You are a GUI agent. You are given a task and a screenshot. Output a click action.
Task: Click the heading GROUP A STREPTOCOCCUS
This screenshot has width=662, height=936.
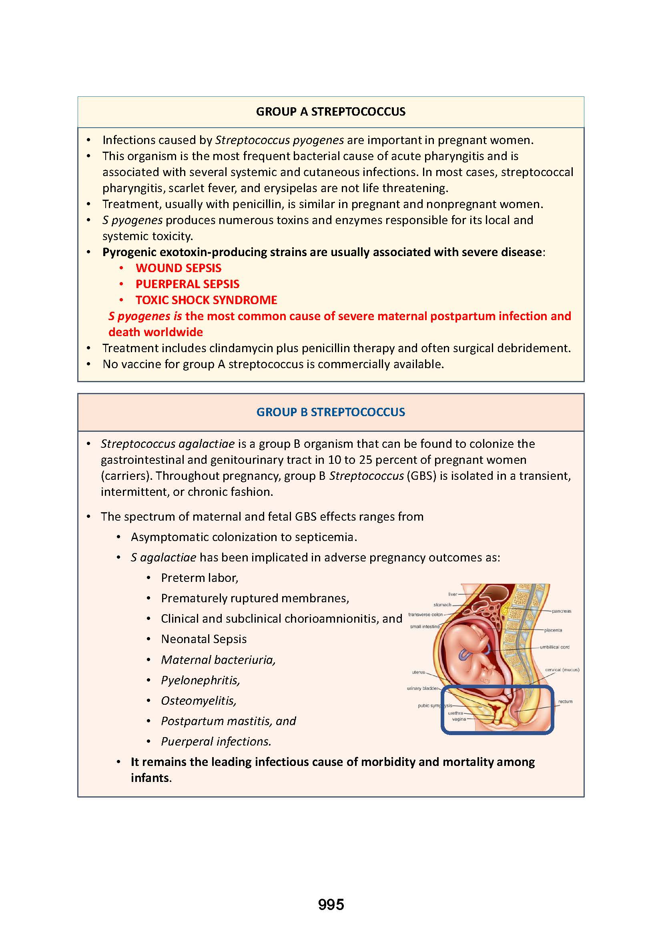pos(331,112)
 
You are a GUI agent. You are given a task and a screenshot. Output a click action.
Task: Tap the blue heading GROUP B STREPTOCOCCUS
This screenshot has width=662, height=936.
pos(331,412)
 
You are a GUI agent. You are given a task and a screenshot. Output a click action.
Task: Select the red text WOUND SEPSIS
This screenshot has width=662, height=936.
pos(179,268)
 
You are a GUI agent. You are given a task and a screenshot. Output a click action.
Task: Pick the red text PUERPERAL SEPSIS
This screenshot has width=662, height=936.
pos(187,284)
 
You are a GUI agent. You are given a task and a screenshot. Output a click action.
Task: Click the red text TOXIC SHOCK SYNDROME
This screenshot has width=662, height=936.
pos(206,300)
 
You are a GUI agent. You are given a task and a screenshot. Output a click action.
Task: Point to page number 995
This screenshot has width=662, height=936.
pos(331,905)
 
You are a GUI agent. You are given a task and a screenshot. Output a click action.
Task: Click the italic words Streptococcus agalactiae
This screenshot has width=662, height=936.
pos(168,443)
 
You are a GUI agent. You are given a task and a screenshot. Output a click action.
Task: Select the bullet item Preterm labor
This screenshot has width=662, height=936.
pos(199,578)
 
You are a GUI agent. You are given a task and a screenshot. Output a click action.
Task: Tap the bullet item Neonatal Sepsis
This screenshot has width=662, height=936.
pos(204,639)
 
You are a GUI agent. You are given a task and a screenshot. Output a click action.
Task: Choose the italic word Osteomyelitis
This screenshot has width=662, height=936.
pos(199,700)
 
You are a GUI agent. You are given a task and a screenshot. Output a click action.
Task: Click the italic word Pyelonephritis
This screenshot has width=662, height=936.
pos(200,680)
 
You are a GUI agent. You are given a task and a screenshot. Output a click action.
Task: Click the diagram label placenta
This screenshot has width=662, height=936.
pos(553,630)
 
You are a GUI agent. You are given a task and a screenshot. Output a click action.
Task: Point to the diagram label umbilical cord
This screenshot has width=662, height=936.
pos(554,647)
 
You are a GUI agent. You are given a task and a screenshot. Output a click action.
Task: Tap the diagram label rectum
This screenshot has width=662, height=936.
pos(566,701)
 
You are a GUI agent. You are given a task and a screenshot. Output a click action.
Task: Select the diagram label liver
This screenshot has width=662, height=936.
pos(453,594)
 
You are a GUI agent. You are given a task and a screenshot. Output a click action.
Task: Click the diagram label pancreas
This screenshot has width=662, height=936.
pos(561,611)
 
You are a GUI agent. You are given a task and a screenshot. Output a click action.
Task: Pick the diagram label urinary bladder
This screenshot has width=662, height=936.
pos(422,689)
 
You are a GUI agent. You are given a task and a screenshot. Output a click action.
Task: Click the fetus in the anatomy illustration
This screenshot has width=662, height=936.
pos(473,652)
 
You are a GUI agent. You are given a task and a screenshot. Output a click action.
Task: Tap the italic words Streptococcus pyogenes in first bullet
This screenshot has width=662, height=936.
pos(279,140)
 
